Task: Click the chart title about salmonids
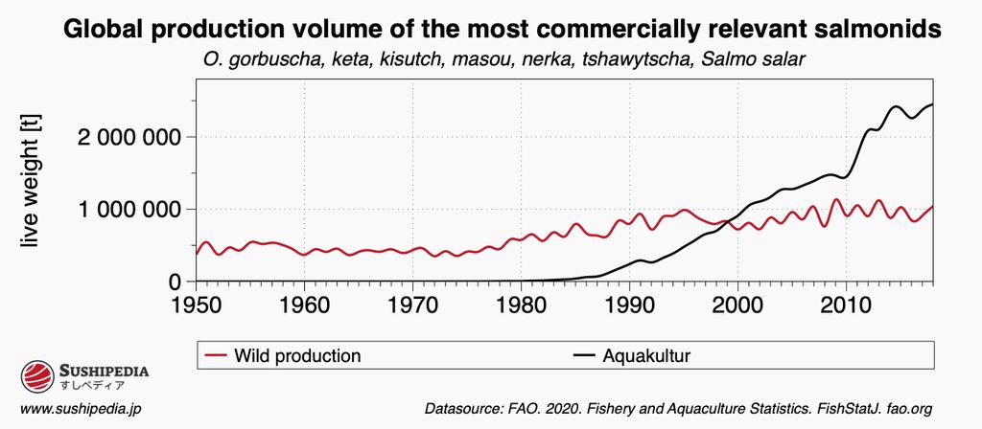click(x=503, y=30)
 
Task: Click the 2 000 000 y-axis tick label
click(x=128, y=137)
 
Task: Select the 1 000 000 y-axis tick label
click(x=128, y=210)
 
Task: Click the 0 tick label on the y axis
click(x=175, y=282)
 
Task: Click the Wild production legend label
click(x=298, y=356)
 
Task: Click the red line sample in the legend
click(x=216, y=356)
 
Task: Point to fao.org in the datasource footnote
click(x=908, y=409)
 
